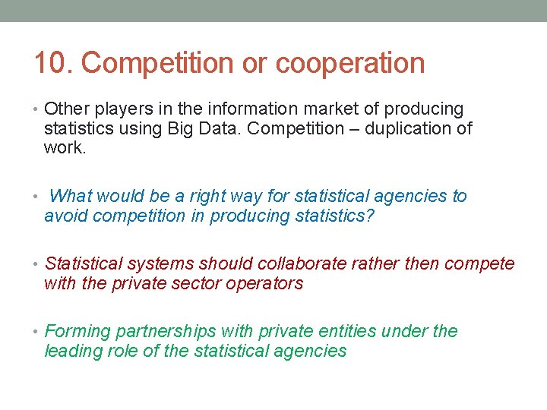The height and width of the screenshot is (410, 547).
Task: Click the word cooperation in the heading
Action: click(x=350, y=63)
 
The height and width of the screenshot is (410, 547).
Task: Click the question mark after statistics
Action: click(x=370, y=216)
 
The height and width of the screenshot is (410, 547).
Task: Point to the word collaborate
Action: click(x=304, y=263)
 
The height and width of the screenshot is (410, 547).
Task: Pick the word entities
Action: click(x=356, y=331)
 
